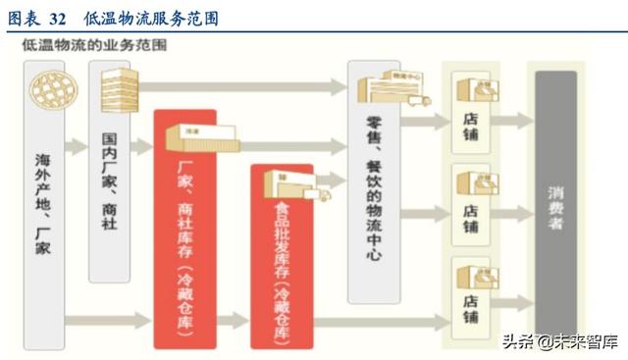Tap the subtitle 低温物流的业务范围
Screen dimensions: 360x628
tap(85, 46)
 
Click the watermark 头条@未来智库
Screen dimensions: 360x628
tap(560, 342)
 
